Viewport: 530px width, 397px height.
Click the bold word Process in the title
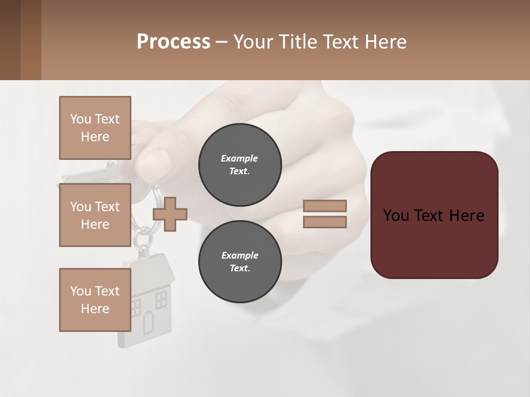click(173, 42)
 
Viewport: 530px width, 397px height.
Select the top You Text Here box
click(95, 128)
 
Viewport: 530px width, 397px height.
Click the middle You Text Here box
click(95, 215)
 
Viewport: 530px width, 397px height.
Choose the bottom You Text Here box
click(95, 300)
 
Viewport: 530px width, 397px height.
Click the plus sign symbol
click(170, 213)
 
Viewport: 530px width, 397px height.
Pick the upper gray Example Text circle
click(240, 165)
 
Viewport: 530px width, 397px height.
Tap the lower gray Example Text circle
click(240, 262)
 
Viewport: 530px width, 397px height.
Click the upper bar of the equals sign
click(325, 206)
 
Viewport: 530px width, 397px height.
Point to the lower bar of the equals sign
click(325, 222)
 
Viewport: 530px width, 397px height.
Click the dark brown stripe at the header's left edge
click(10, 40)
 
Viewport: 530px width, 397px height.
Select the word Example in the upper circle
click(239, 158)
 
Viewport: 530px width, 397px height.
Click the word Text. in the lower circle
click(240, 269)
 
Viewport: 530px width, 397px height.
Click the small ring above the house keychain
click(142, 238)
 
